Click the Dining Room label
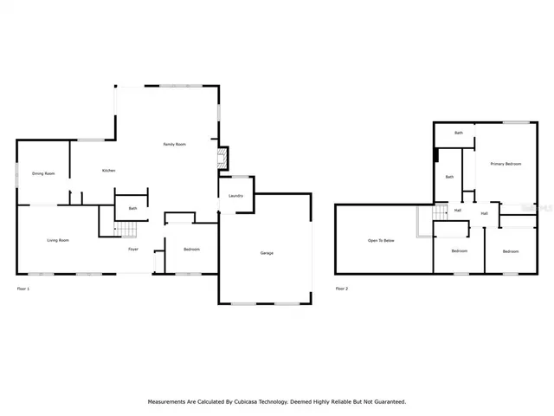[44, 174]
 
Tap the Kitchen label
[109, 171]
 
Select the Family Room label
[175, 144]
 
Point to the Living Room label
[58, 240]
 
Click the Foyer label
[133, 249]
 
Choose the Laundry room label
[235, 196]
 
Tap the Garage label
[267, 253]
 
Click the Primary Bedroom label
[506, 164]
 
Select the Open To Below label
[381, 240]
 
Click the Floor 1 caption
[23, 288]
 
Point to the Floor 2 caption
[342, 288]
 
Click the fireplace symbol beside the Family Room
[223, 159]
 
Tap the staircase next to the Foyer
[127, 230]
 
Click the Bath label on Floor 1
[132, 208]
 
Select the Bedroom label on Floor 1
[191, 250]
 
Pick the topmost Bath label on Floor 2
[459, 133]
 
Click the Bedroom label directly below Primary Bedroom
[511, 251]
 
